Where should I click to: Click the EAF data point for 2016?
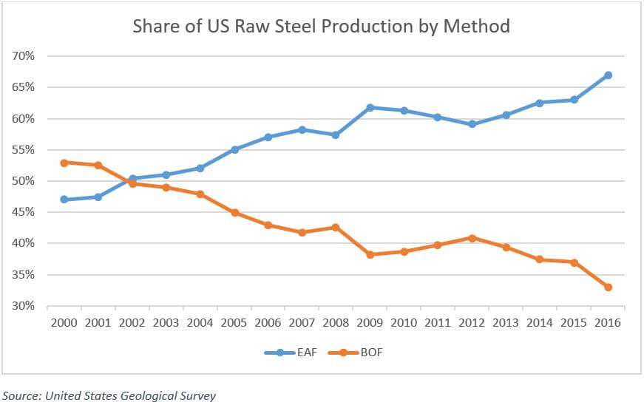pos(608,75)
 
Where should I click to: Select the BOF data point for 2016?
pos(608,287)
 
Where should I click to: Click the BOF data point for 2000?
pos(64,163)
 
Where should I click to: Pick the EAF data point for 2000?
pos(64,200)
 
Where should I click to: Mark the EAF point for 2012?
pos(472,124)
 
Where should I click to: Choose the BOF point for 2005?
pos(235,213)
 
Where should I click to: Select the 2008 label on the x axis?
pos(336,323)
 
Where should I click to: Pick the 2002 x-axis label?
pos(132,323)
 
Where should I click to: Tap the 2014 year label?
pos(540,323)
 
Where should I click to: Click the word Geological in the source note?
pos(142,395)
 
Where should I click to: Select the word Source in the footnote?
pos(21,395)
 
